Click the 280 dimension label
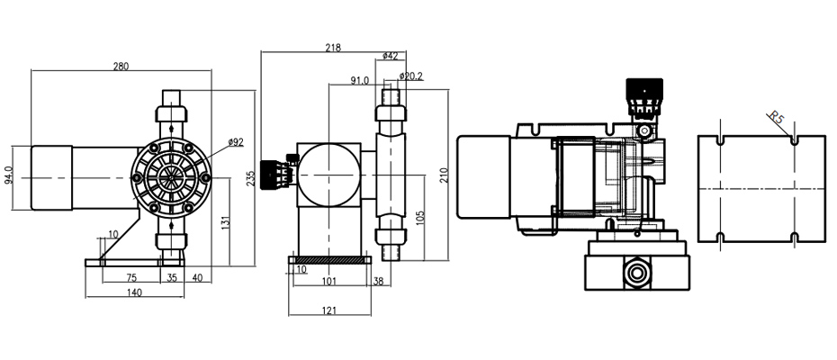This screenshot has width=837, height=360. [121, 67]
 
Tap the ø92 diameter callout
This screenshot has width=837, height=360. [236, 142]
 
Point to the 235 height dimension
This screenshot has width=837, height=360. [251, 178]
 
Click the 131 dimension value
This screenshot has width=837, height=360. [225, 222]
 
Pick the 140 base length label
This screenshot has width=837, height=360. [134, 292]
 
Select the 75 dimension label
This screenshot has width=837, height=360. [131, 277]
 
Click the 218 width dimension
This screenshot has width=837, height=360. [333, 48]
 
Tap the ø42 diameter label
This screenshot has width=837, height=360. [391, 56]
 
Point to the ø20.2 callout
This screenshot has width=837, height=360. [411, 76]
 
